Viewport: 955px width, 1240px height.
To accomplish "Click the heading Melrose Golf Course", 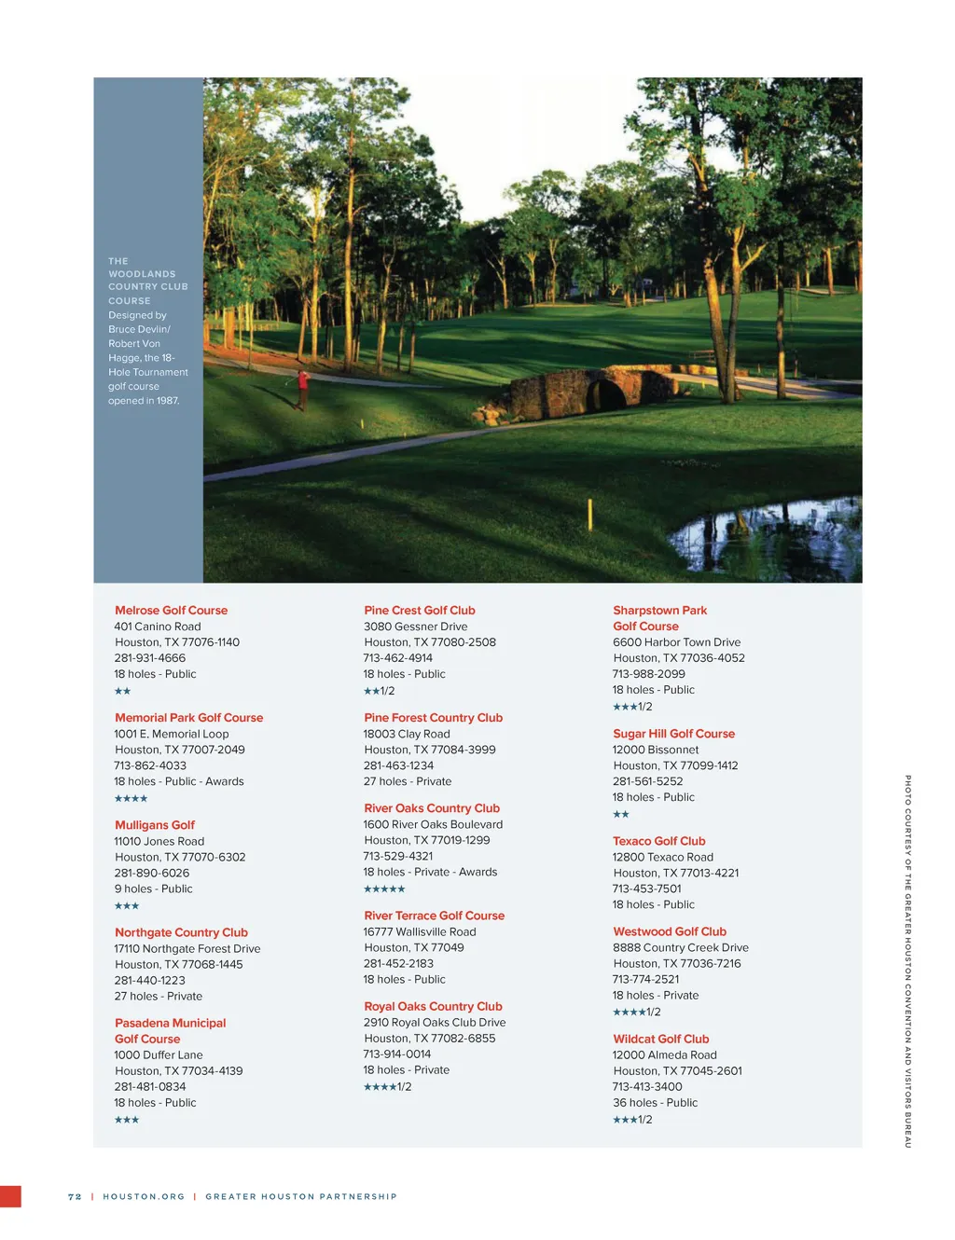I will pos(171,611).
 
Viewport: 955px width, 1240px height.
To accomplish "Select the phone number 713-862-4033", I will pos(150,765).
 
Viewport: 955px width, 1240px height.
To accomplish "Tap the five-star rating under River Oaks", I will pos(384,889).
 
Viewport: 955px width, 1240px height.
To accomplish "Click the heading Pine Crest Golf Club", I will pos(420,611).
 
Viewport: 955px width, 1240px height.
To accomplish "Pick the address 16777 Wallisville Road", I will pos(420,931).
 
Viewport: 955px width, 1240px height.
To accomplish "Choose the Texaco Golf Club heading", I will pos(658,841).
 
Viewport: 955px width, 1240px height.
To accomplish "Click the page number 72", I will pos(75,1196).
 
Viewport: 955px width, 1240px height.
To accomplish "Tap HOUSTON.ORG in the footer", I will pos(144,1196).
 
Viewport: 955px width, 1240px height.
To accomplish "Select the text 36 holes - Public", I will pos(655,1102).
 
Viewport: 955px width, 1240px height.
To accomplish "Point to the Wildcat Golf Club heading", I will pos(660,1039).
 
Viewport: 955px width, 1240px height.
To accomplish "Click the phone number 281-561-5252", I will pos(647,781).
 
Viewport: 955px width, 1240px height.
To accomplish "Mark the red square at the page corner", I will pos(10,1196).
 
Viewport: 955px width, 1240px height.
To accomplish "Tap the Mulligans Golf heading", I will pos(155,825).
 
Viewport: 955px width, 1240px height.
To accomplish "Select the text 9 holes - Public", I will pos(153,889).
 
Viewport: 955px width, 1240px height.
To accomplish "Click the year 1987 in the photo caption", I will pos(168,401).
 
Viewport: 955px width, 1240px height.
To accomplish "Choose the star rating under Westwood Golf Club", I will pos(636,1013).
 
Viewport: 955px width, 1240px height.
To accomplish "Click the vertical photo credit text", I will pos(907,960).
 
